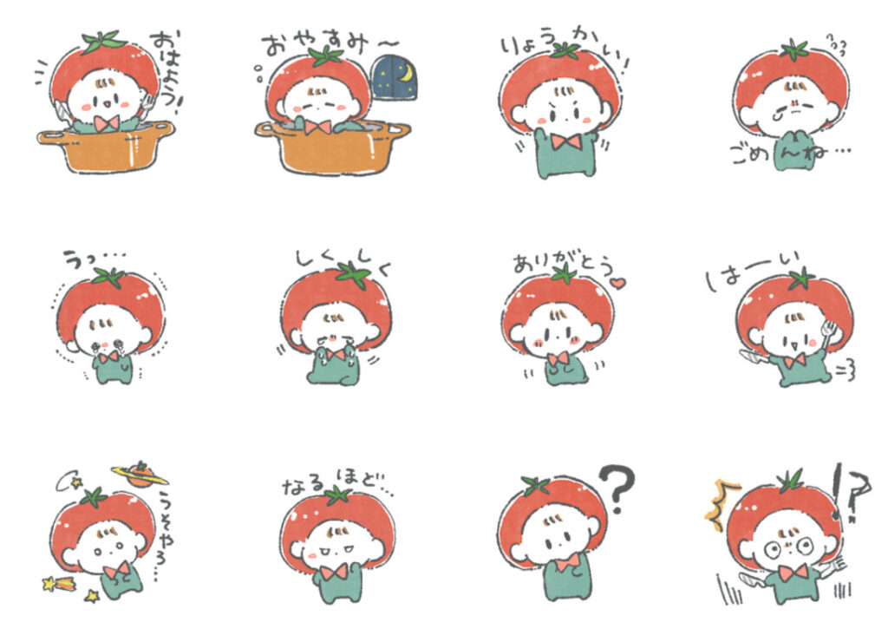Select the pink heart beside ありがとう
click(x=617, y=283)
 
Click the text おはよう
click(x=168, y=65)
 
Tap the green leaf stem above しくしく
click(x=353, y=275)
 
